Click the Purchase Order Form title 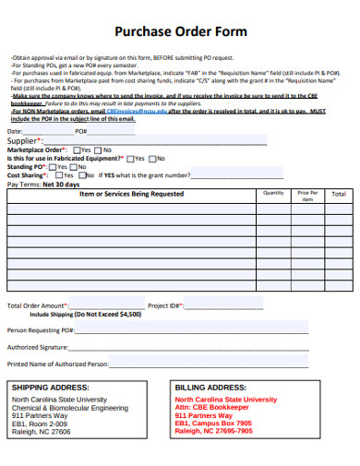pos(179,31)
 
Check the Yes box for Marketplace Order pos(76,149)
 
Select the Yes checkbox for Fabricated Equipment pos(129,158)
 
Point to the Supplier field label pos(26,140)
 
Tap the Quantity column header pos(273,193)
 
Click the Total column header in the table pos(339,195)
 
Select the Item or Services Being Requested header pos(131,195)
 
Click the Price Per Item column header pos(307,196)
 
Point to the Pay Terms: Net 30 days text pos(43,185)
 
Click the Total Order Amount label pos(38,305)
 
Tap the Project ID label pos(166,305)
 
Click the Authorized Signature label pos(38,347)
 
